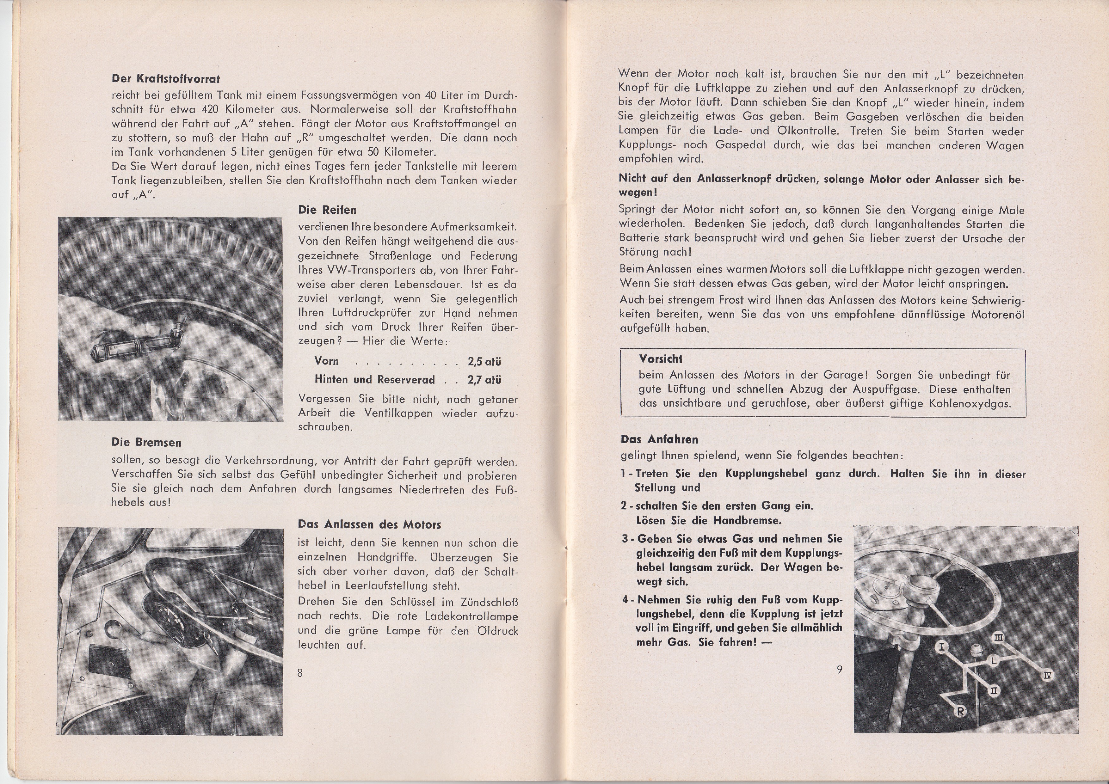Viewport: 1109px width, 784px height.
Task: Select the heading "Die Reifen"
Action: coord(327,210)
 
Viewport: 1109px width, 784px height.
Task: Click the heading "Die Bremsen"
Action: coord(146,442)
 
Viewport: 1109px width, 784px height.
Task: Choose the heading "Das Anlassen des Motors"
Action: coord(369,524)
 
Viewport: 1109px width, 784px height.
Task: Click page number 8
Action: coord(300,672)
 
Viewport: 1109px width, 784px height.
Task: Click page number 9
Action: coord(840,669)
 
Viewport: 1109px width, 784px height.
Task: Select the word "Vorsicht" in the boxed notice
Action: coord(660,359)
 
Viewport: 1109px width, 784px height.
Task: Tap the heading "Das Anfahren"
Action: coord(659,439)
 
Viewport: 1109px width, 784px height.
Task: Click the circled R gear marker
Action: coord(961,711)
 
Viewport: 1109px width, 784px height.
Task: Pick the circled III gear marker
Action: coord(999,639)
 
